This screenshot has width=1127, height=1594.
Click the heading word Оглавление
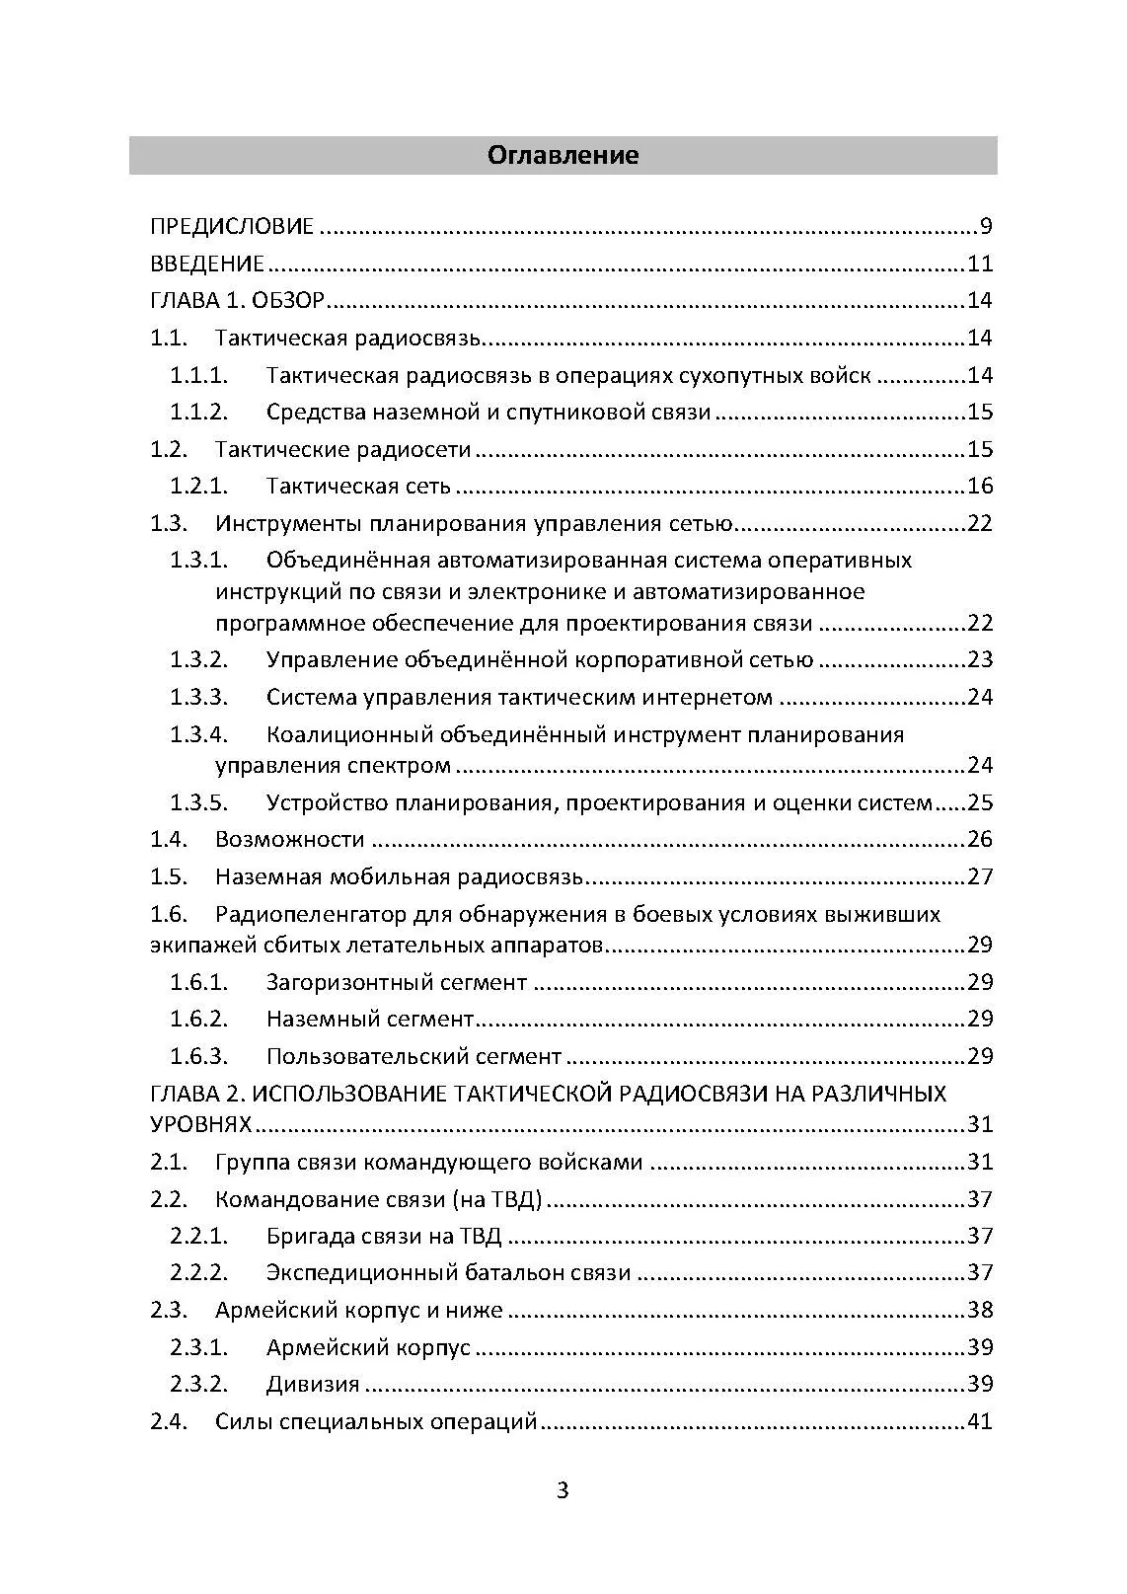(563, 155)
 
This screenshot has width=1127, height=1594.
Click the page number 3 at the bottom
(563, 1490)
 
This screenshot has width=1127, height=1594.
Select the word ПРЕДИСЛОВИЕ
(232, 227)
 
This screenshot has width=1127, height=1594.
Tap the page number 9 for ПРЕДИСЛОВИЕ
(986, 227)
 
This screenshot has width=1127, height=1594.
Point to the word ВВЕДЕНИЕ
(207, 265)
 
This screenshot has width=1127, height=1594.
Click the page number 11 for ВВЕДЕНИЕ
(979, 265)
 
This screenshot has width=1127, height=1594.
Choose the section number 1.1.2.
(198, 413)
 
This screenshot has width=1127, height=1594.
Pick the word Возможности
(290, 840)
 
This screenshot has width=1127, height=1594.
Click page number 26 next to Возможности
(979, 840)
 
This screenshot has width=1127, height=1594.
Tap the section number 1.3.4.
(198, 735)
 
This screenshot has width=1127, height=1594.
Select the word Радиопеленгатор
(310, 915)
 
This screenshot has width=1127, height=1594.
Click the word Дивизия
(313, 1385)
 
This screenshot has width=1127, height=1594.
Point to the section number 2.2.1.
(198, 1237)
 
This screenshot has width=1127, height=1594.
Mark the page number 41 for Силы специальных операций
(979, 1422)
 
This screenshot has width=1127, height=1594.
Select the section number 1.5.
(169, 877)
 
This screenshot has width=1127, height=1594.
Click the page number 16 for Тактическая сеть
(979, 487)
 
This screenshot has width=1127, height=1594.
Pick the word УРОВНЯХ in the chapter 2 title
(200, 1125)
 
